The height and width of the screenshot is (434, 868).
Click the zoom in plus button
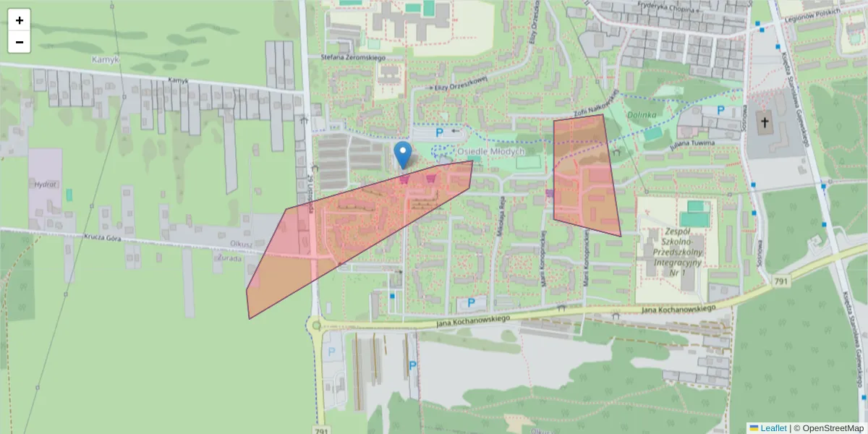(20, 20)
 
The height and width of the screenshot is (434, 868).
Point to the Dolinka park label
(641, 114)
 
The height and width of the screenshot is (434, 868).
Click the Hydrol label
(45, 184)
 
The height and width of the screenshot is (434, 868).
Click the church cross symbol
(765, 122)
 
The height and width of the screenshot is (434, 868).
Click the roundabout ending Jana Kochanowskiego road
(316, 326)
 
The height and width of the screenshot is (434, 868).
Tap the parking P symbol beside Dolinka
(720, 110)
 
